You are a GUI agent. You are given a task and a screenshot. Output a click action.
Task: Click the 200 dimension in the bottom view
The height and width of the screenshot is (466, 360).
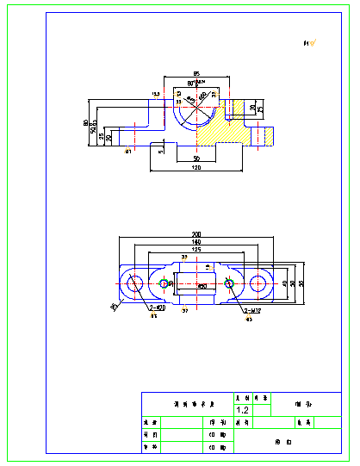point(196,234)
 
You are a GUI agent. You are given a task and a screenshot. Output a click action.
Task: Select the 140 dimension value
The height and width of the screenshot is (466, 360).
point(196,243)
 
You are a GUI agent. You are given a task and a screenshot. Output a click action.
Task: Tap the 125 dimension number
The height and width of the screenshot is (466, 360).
point(196,250)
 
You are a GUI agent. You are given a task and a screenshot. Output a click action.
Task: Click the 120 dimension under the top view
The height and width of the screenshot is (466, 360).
point(196,168)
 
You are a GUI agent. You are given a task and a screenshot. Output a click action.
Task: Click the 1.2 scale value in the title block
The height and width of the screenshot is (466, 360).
point(242,410)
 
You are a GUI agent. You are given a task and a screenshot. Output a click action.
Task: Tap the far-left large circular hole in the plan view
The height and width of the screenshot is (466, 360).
point(134,283)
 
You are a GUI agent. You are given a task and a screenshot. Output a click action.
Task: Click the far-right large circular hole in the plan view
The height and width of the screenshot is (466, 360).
point(259,283)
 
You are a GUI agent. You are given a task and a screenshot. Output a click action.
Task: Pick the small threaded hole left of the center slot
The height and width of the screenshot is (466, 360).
point(165,283)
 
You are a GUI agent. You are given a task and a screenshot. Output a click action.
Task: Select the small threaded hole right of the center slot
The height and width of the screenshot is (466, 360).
point(228,283)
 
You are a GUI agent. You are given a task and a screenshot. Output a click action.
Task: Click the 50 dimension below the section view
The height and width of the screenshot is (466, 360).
point(196,159)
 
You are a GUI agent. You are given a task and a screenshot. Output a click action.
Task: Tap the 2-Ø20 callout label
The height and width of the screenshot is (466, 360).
point(158,308)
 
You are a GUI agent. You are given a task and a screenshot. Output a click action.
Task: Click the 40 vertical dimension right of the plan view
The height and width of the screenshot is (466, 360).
point(284,283)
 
